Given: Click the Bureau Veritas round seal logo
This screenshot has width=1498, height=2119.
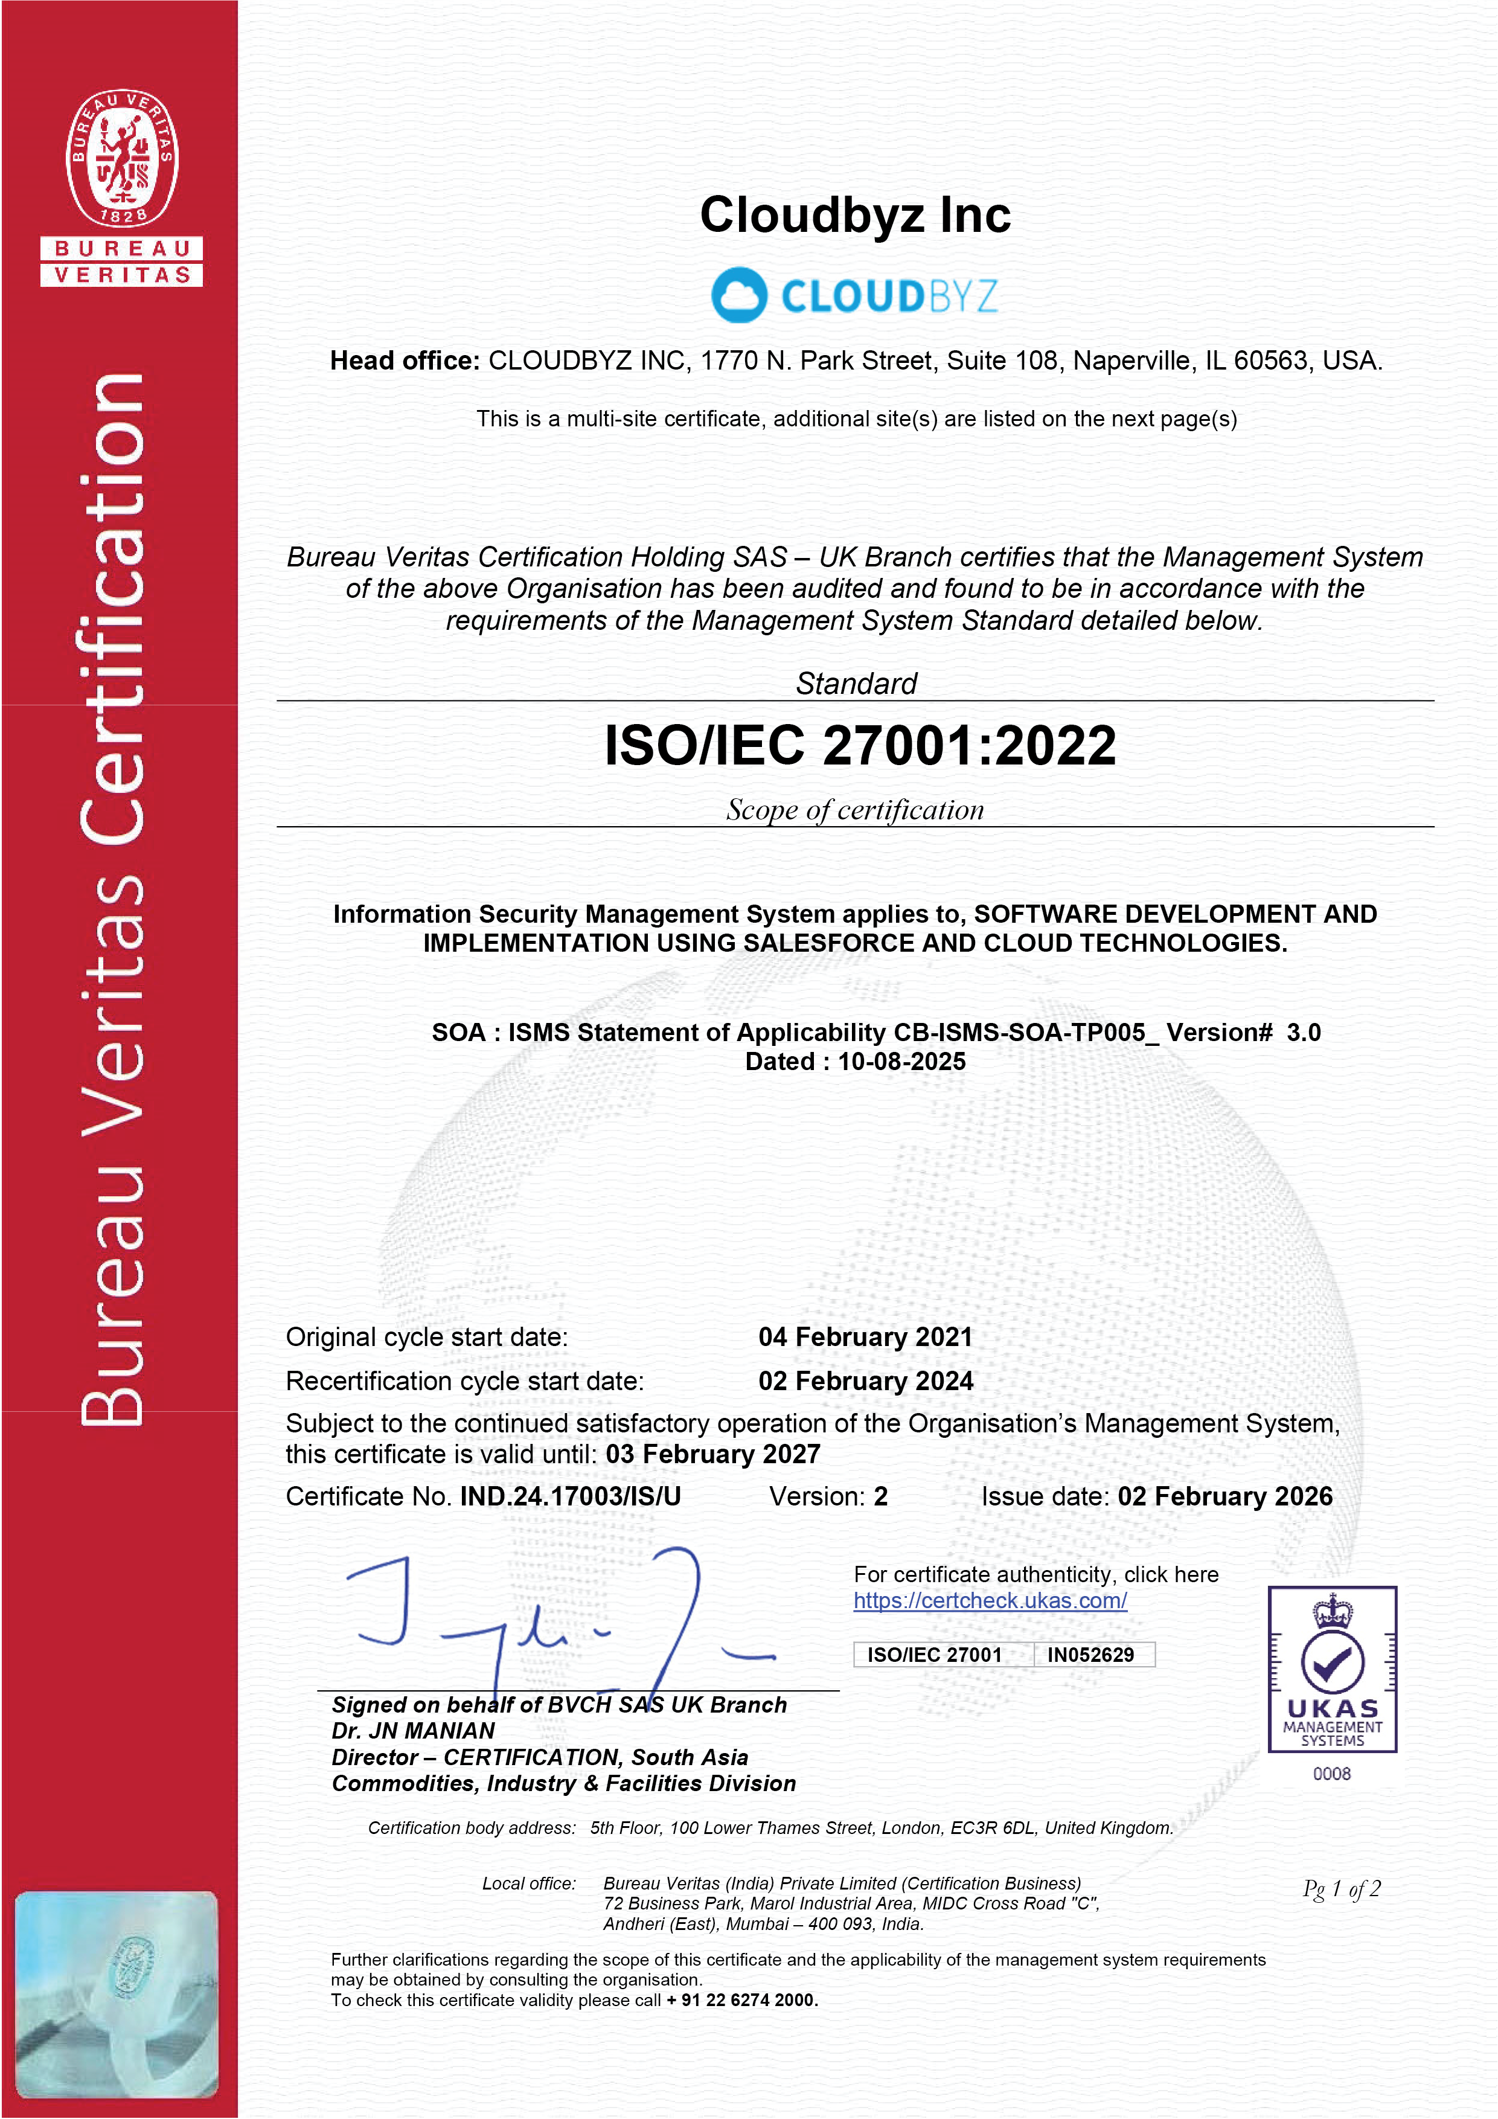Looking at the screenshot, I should (122, 158).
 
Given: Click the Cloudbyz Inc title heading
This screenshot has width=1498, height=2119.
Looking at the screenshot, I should (855, 215).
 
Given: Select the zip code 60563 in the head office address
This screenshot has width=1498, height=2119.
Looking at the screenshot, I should (1273, 361).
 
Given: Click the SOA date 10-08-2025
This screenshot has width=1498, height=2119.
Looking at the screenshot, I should (901, 1062).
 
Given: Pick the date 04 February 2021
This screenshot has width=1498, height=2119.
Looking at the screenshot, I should (865, 1338).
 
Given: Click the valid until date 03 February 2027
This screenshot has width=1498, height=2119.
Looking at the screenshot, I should (712, 1455).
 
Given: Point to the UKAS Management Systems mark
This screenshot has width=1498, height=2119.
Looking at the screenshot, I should (1332, 1670).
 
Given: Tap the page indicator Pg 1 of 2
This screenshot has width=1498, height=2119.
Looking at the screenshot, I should (1341, 1889).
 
